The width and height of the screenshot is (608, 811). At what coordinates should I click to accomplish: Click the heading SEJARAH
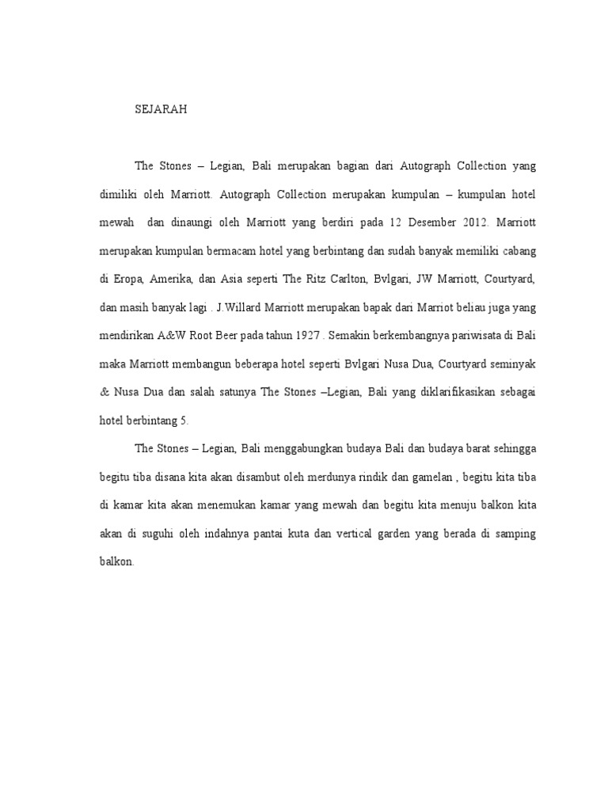(x=161, y=111)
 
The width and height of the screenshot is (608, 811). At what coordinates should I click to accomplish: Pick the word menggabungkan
(x=312, y=448)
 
